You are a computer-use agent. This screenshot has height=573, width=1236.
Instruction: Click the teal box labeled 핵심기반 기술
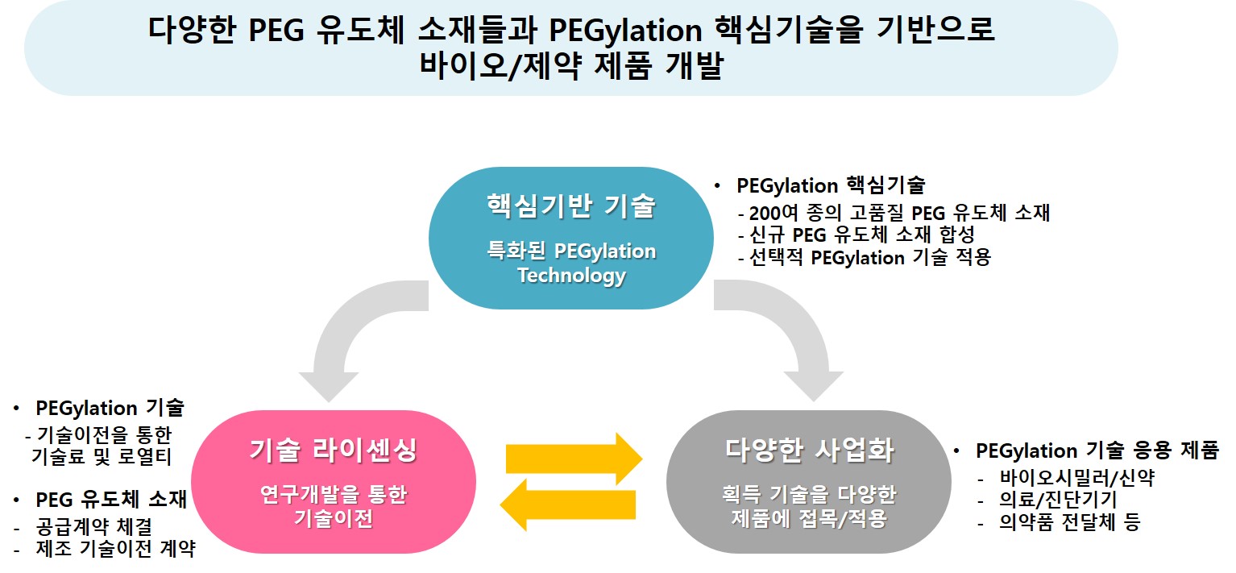(570, 238)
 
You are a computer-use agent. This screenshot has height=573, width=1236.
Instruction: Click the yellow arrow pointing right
(573, 459)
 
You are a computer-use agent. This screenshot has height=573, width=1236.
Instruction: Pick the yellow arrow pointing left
(568, 505)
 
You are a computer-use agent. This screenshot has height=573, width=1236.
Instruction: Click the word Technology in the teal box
(571, 276)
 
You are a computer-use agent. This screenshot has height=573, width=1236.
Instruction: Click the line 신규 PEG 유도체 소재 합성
(856, 236)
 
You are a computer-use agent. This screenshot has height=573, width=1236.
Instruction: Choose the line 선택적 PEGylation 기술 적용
(864, 258)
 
